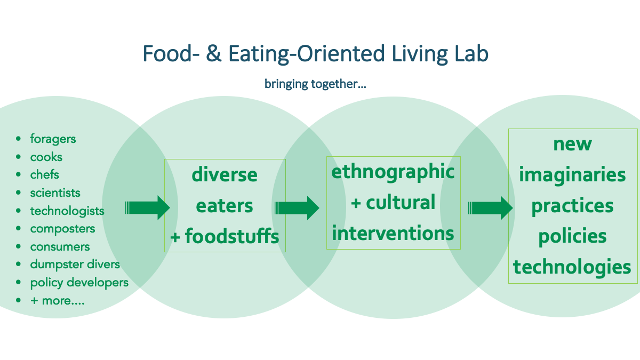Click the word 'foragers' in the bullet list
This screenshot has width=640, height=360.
(53, 139)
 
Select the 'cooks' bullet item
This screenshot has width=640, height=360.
(46, 157)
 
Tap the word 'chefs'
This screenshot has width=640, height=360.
(45, 174)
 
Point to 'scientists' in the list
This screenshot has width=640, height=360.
(55, 193)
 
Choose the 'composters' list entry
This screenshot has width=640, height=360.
(62, 229)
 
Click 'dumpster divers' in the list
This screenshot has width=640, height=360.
(75, 265)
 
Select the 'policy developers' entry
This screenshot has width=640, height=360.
(79, 283)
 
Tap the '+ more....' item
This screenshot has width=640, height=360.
(58, 301)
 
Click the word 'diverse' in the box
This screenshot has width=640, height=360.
(225, 174)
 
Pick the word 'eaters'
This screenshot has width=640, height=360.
(225, 206)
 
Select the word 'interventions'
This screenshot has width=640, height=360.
(393, 233)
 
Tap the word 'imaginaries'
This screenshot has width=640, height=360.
(573, 175)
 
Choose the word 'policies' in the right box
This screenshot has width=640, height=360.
(573, 237)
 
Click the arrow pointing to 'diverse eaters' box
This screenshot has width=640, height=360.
(147, 207)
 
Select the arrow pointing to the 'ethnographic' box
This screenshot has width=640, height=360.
(297, 208)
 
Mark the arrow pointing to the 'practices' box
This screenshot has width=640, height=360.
(490, 208)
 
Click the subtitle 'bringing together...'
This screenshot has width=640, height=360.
(315, 84)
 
